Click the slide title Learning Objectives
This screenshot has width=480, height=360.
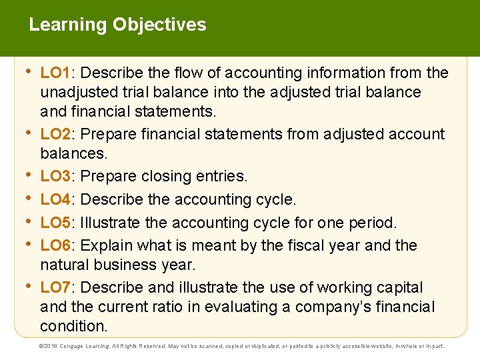pyautogui.click(x=117, y=25)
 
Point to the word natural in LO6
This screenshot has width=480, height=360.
pyautogui.click(x=65, y=265)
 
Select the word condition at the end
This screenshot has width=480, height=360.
pyautogui.click(x=72, y=327)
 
